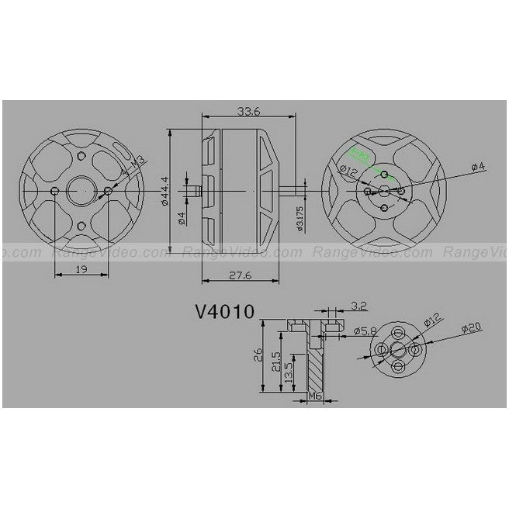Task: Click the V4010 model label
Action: [224, 313]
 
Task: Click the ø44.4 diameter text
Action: [165, 190]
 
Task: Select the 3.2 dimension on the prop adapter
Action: [358, 305]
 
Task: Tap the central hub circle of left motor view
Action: [81, 190]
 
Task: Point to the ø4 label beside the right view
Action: [476, 165]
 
